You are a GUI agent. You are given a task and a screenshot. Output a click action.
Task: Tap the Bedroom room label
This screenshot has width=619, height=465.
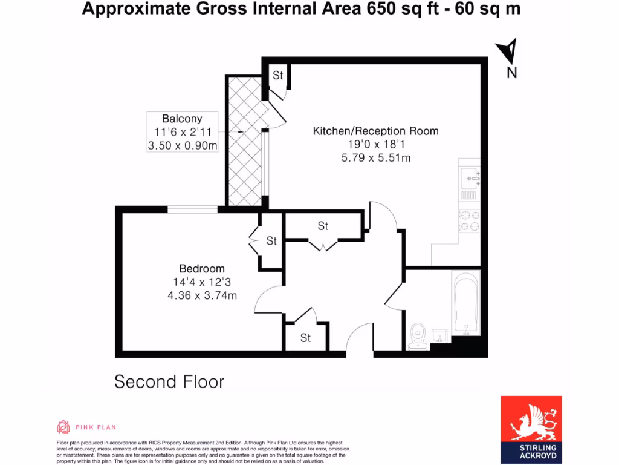(x=201, y=269)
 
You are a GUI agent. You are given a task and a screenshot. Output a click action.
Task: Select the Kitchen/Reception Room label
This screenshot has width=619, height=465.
(x=375, y=131)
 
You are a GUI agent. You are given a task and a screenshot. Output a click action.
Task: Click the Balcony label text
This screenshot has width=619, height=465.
(x=182, y=119)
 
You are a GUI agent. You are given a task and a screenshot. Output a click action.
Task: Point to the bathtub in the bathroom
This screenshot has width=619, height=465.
(x=465, y=304)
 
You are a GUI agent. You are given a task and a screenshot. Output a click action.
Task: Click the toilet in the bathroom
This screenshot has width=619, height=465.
(x=418, y=335)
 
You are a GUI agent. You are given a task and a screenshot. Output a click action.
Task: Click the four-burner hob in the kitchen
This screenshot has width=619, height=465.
(x=469, y=220)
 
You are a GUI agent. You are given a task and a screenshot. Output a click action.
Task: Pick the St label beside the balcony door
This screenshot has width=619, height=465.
(x=277, y=76)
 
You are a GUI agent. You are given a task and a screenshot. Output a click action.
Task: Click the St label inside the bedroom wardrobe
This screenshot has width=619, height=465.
(x=271, y=241)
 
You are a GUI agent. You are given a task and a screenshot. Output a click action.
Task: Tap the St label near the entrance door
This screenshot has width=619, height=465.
(x=305, y=338)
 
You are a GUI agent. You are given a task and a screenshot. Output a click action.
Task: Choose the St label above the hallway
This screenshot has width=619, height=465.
(x=323, y=226)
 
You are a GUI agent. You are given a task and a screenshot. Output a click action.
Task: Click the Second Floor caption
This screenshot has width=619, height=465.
(x=169, y=382)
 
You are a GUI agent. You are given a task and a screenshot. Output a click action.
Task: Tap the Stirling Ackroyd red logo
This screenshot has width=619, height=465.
(x=531, y=429)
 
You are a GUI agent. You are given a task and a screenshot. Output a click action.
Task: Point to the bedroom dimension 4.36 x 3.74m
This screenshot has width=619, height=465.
(x=201, y=295)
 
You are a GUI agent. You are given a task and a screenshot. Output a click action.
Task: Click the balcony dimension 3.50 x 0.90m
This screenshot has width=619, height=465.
(x=182, y=145)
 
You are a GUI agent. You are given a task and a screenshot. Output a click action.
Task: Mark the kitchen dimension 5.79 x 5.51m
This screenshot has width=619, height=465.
(x=375, y=157)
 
